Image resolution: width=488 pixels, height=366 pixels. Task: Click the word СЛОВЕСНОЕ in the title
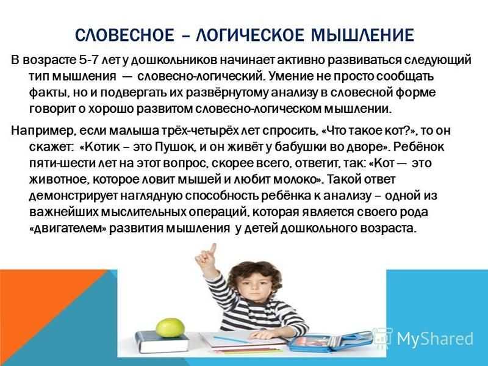click(124, 35)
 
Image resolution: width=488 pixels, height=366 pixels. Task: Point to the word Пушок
click(175, 147)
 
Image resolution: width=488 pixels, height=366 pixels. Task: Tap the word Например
click(43, 131)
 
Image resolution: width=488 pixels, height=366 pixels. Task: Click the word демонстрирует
click(73, 196)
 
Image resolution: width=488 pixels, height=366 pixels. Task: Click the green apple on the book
click(170, 327)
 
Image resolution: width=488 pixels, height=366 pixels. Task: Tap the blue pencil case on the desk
click(330, 342)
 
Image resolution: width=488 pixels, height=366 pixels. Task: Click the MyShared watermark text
click(435, 339)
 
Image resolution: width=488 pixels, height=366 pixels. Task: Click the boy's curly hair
click(255, 274)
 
